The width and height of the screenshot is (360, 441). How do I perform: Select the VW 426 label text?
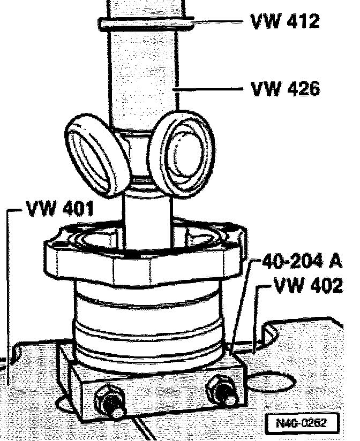coord(285,88)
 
